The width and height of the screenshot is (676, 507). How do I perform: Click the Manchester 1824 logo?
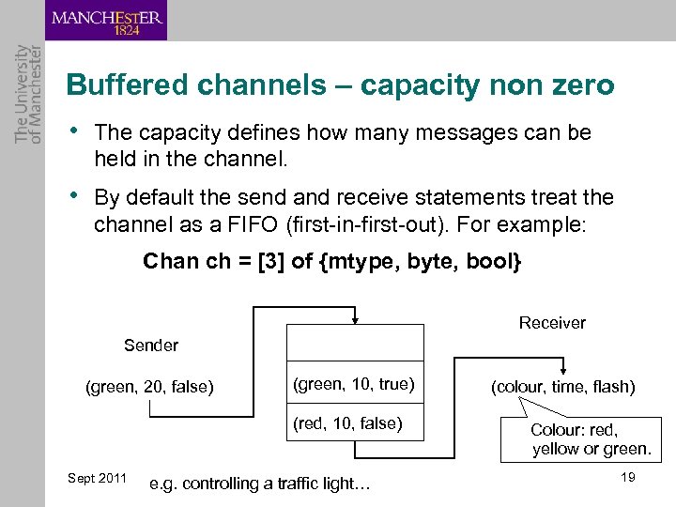point(105,21)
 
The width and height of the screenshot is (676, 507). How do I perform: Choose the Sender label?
point(151,346)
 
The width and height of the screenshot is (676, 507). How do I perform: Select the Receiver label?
point(552,323)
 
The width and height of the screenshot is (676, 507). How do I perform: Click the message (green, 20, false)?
point(149,386)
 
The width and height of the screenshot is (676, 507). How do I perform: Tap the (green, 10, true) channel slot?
point(354,384)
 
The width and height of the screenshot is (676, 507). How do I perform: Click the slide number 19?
point(628,478)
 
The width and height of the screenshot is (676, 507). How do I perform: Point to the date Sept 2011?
point(98,479)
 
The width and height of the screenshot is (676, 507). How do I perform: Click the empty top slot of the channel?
point(354,345)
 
